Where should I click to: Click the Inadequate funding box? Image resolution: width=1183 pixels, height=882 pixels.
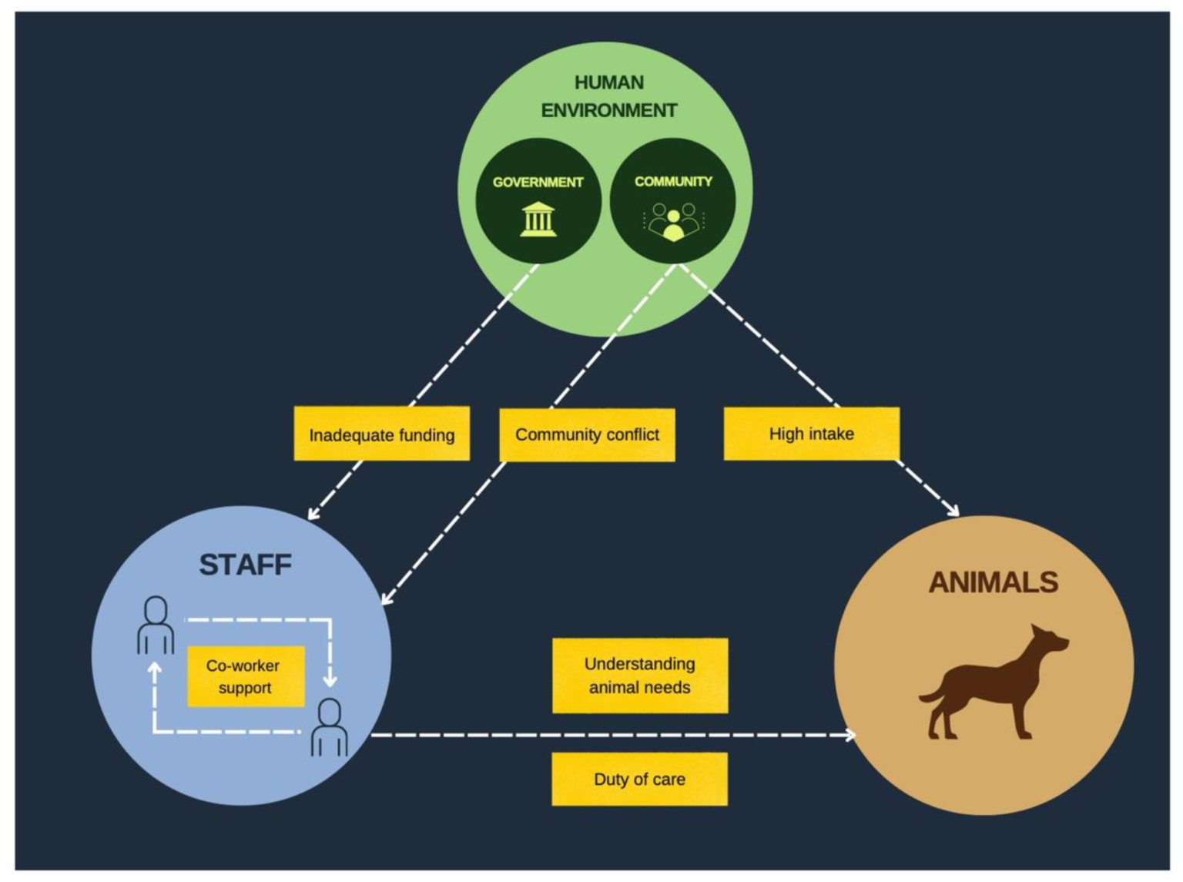381,433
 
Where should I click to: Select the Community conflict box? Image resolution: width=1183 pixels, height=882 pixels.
587,434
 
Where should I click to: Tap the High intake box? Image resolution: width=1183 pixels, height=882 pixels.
811,434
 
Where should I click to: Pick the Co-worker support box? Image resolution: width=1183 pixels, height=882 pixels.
246,676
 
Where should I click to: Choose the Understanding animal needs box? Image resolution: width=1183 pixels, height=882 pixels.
640,676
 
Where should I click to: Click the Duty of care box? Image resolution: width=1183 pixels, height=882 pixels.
639,779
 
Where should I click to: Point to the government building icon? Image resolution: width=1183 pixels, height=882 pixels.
538,219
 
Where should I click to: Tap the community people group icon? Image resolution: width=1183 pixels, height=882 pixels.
673,221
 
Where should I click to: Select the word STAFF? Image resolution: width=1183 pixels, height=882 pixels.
245,565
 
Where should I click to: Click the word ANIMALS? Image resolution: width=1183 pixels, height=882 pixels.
994,582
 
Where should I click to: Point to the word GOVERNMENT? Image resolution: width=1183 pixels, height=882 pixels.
538,182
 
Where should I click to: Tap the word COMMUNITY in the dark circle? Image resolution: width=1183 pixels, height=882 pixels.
673,182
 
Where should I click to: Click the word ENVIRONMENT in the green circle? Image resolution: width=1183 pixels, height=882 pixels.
609,110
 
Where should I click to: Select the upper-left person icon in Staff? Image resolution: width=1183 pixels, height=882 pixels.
156,625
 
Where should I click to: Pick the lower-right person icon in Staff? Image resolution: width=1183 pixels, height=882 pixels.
330,727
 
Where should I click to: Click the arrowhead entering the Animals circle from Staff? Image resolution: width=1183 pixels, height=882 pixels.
850,735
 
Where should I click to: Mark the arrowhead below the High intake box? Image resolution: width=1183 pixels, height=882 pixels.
952,510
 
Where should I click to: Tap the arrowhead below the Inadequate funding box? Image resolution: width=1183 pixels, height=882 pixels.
313,512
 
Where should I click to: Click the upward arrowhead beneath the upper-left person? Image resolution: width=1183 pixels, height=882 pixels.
155,669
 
